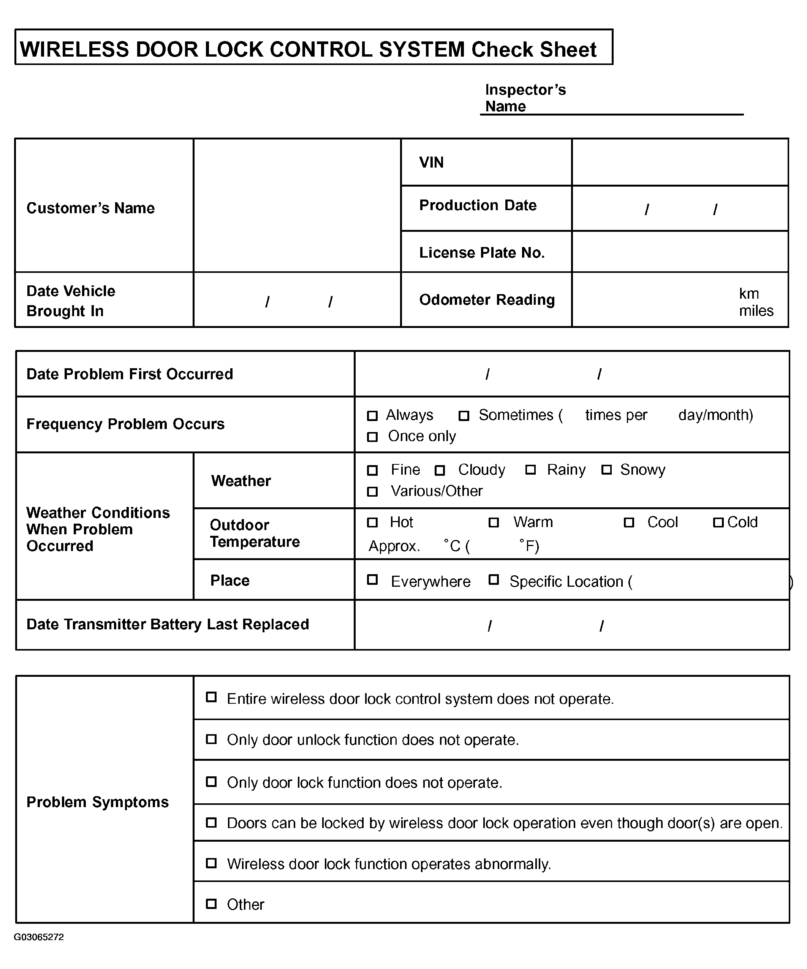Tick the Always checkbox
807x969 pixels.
pos(372,416)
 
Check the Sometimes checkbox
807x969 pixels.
pos(464,416)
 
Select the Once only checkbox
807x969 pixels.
pos(372,437)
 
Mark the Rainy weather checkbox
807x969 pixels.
pos(531,470)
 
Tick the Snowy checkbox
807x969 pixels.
pos(606,470)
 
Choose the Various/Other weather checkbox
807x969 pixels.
pos(372,491)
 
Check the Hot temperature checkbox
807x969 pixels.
pos(372,522)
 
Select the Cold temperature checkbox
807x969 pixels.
pos(718,522)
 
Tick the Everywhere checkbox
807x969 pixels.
pos(372,579)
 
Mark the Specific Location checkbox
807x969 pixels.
pos(494,579)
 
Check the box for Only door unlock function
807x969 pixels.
pos(211,739)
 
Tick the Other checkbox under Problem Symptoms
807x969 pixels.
pos(211,904)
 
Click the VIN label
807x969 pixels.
pos(431,162)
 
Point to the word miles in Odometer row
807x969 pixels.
pos(756,310)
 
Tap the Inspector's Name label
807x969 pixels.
pos(525,98)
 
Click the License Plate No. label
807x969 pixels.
pos(482,252)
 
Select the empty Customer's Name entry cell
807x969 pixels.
pos(297,205)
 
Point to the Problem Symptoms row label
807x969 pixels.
pos(97,802)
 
